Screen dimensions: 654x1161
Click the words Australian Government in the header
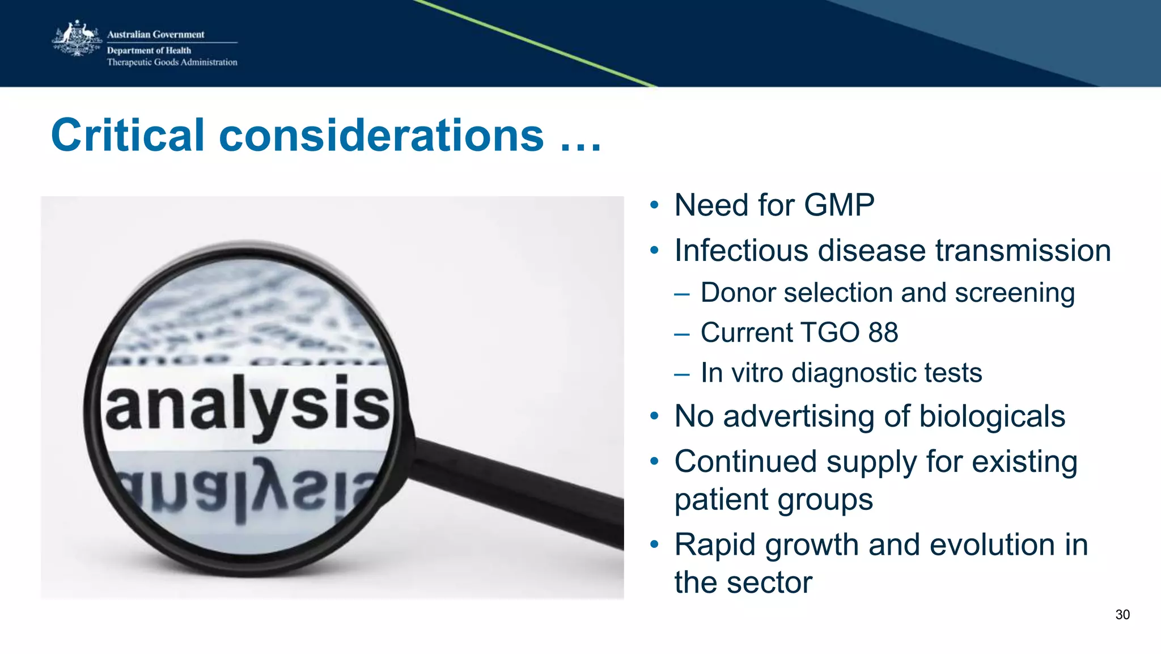pyautogui.click(x=155, y=35)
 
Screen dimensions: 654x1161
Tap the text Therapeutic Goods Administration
pyautogui.click(x=172, y=62)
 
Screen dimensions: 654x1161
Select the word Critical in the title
pyautogui.click(x=128, y=136)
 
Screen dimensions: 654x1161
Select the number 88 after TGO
pyautogui.click(x=883, y=333)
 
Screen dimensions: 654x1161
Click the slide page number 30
pyautogui.click(x=1122, y=615)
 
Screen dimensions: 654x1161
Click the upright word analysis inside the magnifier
pyautogui.click(x=247, y=404)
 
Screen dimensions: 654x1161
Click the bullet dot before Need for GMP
pyautogui.click(x=655, y=205)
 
